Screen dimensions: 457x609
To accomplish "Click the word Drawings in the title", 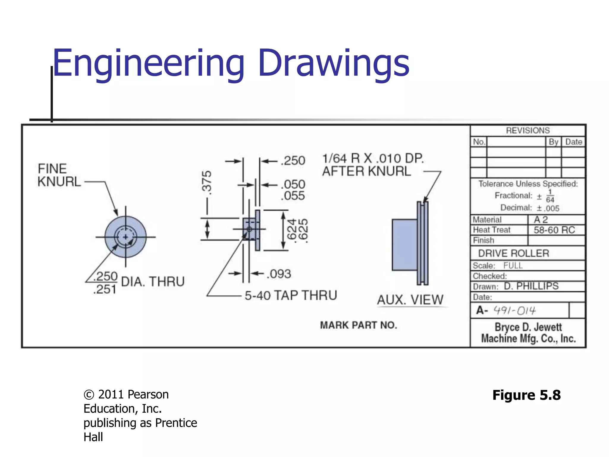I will pyautogui.click(x=334, y=63).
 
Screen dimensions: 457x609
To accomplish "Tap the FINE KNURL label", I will pyautogui.click(x=59, y=175).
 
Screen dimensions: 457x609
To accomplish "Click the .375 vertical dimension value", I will pyautogui.click(x=207, y=182).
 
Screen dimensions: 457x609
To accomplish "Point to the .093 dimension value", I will pyautogui.click(x=279, y=274).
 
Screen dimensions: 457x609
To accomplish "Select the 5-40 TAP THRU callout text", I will pyautogui.click(x=291, y=295).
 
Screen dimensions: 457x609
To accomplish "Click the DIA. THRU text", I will pyautogui.click(x=153, y=281).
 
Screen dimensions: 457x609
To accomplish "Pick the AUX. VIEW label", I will pyautogui.click(x=410, y=300).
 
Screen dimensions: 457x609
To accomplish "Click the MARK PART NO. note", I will pyautogui.click(x=358, y=325).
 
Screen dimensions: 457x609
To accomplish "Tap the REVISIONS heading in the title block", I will pyautogui.click(x=528, y=131).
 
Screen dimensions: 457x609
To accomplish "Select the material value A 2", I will pyautogui.click(x=541, y=220).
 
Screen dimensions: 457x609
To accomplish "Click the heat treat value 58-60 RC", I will pyautogui.click(x=554, y=230).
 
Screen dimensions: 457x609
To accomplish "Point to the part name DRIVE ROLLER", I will pyautogui.click(x=514, y=253).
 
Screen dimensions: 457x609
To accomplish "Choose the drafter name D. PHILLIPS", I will pyautogui.click(x=531, y=286).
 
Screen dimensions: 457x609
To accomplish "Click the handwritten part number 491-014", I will pyautogui.click(x=514, y=311).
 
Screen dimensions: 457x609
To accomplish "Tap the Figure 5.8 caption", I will pyautogui.click(x=526, y=395).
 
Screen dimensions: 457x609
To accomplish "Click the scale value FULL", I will pyautogui.click(x=513, y=265).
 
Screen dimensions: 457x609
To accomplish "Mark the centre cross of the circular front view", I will pyautogui.click(x=125, y=237).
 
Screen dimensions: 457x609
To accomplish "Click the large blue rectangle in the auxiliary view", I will pyautogui.click(x=404, y=245).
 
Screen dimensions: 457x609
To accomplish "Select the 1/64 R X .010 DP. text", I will pyautogui.click(x=373, y=158).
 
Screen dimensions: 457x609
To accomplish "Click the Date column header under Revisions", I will pyautogui.click(x=573, y=142).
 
